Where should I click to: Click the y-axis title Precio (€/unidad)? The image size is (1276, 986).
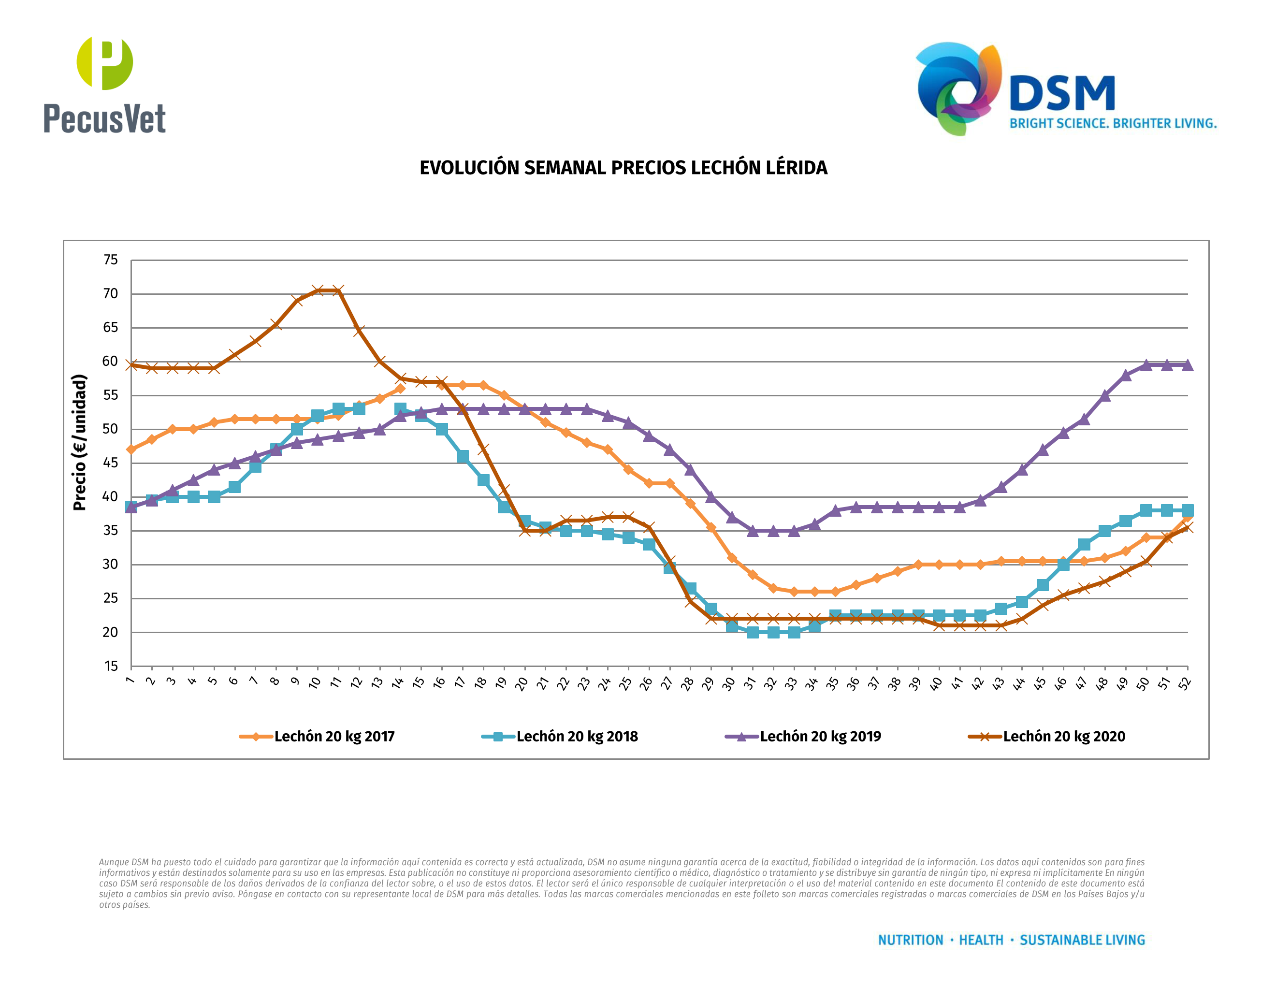[x=80, y=442]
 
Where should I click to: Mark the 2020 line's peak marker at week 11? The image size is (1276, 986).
[x=338, y=290]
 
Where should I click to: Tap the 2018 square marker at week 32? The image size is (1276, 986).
[x=773, y=632]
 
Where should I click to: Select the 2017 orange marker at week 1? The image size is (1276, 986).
[x=131, y=450]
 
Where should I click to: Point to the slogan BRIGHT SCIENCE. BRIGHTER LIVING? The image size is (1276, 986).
[x=1113, y=124]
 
